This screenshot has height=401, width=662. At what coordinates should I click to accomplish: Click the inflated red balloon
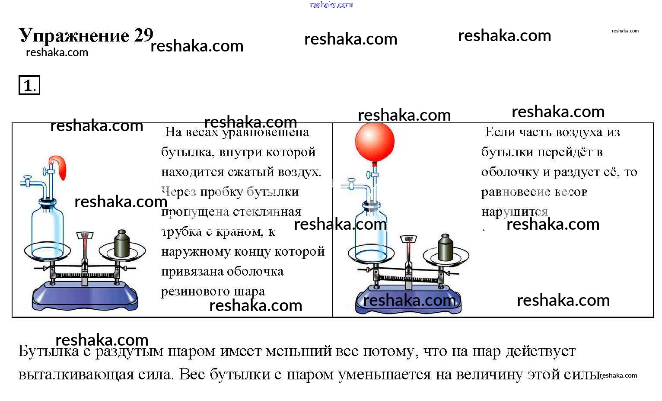click(x=375, y=142)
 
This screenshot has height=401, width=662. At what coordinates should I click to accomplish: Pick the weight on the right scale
click(x=445, y=248)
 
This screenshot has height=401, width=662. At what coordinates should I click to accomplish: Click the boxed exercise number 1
click(x=29, y=85)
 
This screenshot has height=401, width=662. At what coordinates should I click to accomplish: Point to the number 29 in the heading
click(x=143, y=35)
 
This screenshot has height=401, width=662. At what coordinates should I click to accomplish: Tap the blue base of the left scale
click(x=85, y=296)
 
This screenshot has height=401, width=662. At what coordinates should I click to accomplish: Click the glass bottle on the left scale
click(x=47, y=229)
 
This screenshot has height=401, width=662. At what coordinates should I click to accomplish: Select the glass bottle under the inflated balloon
click(x=371, y=234)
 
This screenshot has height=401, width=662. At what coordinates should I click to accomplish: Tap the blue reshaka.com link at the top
click(x=331, y=5)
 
